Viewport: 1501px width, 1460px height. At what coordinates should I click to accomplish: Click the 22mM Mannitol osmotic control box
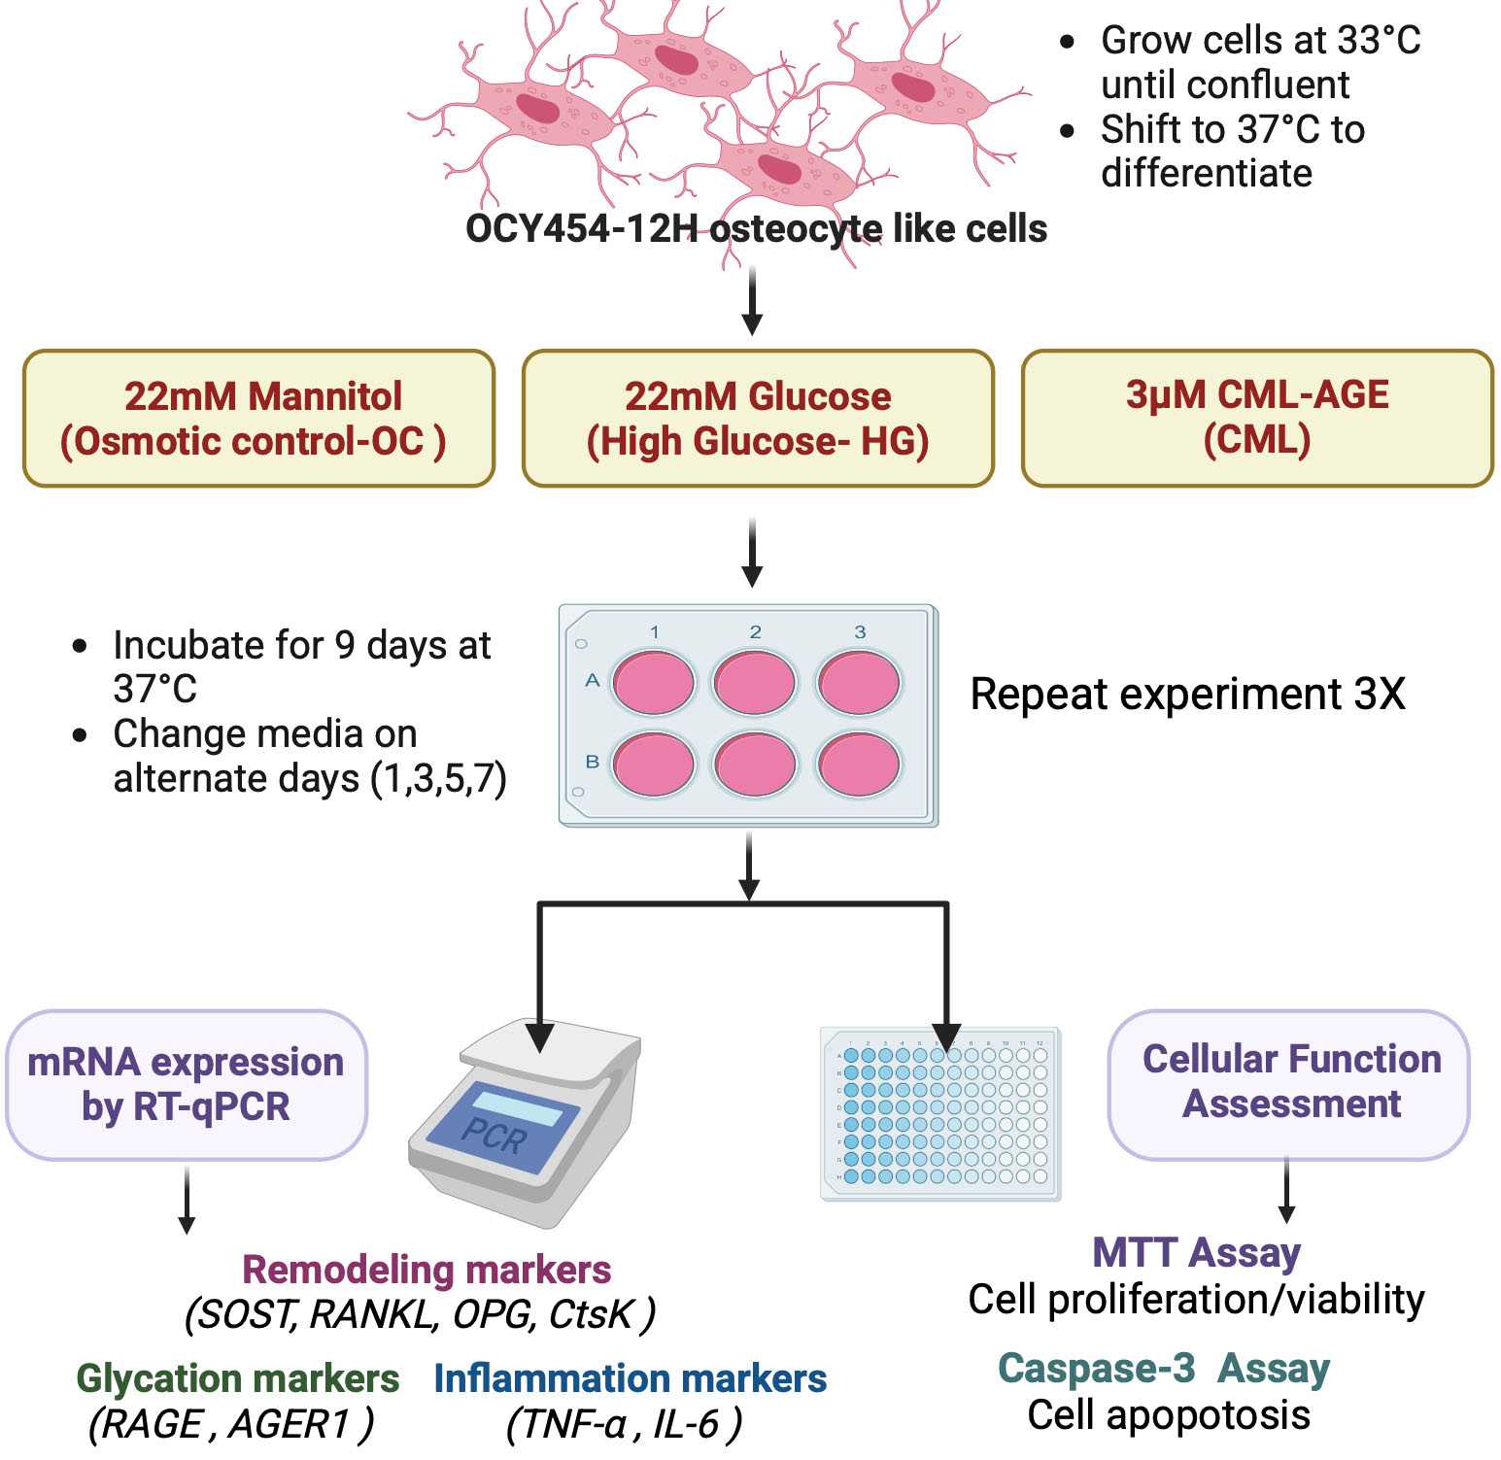click(258, 419)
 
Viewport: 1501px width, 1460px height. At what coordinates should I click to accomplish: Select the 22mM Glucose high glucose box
click(758, 419)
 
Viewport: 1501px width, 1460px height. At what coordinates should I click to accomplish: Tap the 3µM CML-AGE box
click(1257, 418)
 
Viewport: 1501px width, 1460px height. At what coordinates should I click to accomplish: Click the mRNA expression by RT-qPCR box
click(187, 1084)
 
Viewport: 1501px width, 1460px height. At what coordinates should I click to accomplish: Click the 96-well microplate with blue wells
click(940, 1113)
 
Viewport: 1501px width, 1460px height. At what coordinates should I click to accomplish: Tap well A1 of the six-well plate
click(654, 682)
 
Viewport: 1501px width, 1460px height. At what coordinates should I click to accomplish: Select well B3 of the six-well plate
click(859, 764)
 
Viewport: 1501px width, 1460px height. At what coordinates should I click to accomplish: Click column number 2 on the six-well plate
click(755, 632)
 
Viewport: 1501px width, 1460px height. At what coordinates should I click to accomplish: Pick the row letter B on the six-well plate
click(592, 763)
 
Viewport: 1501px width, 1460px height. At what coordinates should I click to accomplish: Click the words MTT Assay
click(1196, 1252)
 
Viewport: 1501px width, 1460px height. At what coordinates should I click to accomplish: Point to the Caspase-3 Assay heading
click(1163, 1368)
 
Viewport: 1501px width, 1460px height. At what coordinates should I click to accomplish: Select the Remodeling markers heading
click(426, 1269)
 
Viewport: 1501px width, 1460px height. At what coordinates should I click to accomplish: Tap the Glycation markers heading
click(237, 1378)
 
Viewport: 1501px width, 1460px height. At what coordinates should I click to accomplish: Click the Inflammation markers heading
click(630, 1378)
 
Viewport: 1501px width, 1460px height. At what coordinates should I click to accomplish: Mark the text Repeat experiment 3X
click(1187, 695)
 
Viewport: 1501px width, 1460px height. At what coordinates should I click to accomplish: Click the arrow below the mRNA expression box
click(187, 1201)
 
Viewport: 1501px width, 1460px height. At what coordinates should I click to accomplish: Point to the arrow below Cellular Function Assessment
click(1286, 1191)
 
